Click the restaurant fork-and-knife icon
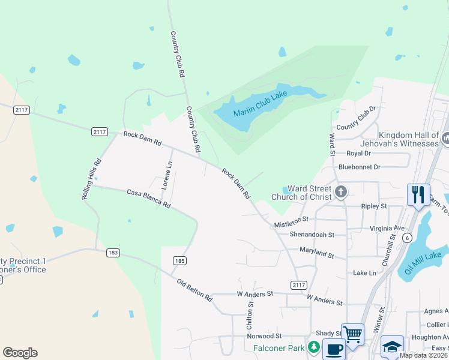(x=418, y=194)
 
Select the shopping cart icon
(x=352, y=334)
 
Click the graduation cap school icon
(x=392, y=346)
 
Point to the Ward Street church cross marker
(x=341, y=192)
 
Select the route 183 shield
(x=113, y=253)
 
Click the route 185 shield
(x=179, y=260)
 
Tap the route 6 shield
(x=408, y=238)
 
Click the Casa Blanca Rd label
(x=148, y=199)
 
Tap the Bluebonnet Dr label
(x=360, y=167)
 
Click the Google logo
(x=20, y=353)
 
